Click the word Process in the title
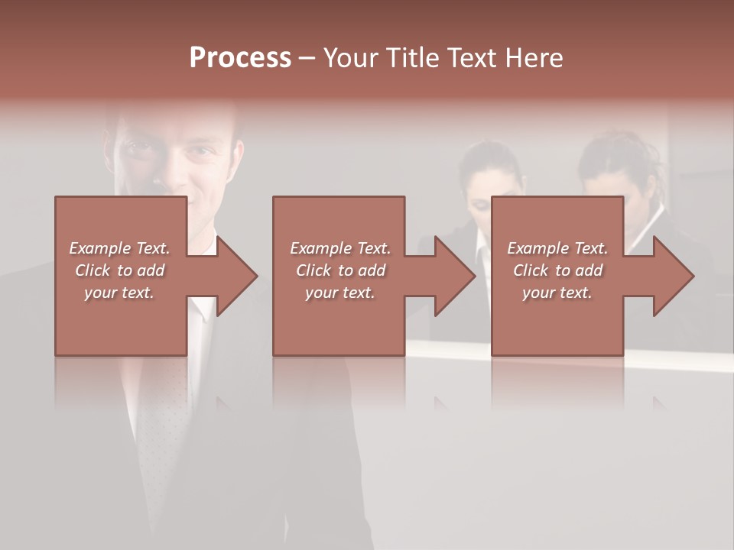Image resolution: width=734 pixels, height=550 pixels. [x=240, y=58]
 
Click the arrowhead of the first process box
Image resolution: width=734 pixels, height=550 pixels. [x=237, y=276]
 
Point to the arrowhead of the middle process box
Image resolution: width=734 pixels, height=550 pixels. [x=456, y=276]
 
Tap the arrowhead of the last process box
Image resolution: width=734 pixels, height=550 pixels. [x=674, y=276]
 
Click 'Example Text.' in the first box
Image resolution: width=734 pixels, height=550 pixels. [x=119, y=248]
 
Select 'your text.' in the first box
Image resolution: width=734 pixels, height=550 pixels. [x=119, y=293]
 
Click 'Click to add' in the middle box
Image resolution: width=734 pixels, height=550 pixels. [x=340, y=270]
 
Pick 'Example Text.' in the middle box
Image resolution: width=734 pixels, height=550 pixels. [x=340, y=248]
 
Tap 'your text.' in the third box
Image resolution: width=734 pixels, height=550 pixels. [x=557, y=293]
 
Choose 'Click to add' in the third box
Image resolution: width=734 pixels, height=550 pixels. [x=557, y=270]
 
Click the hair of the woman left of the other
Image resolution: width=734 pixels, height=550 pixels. [x=489, y=157]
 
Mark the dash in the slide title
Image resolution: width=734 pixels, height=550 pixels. [x=307, y=59]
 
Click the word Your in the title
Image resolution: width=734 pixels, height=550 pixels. [x=351, y=58]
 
